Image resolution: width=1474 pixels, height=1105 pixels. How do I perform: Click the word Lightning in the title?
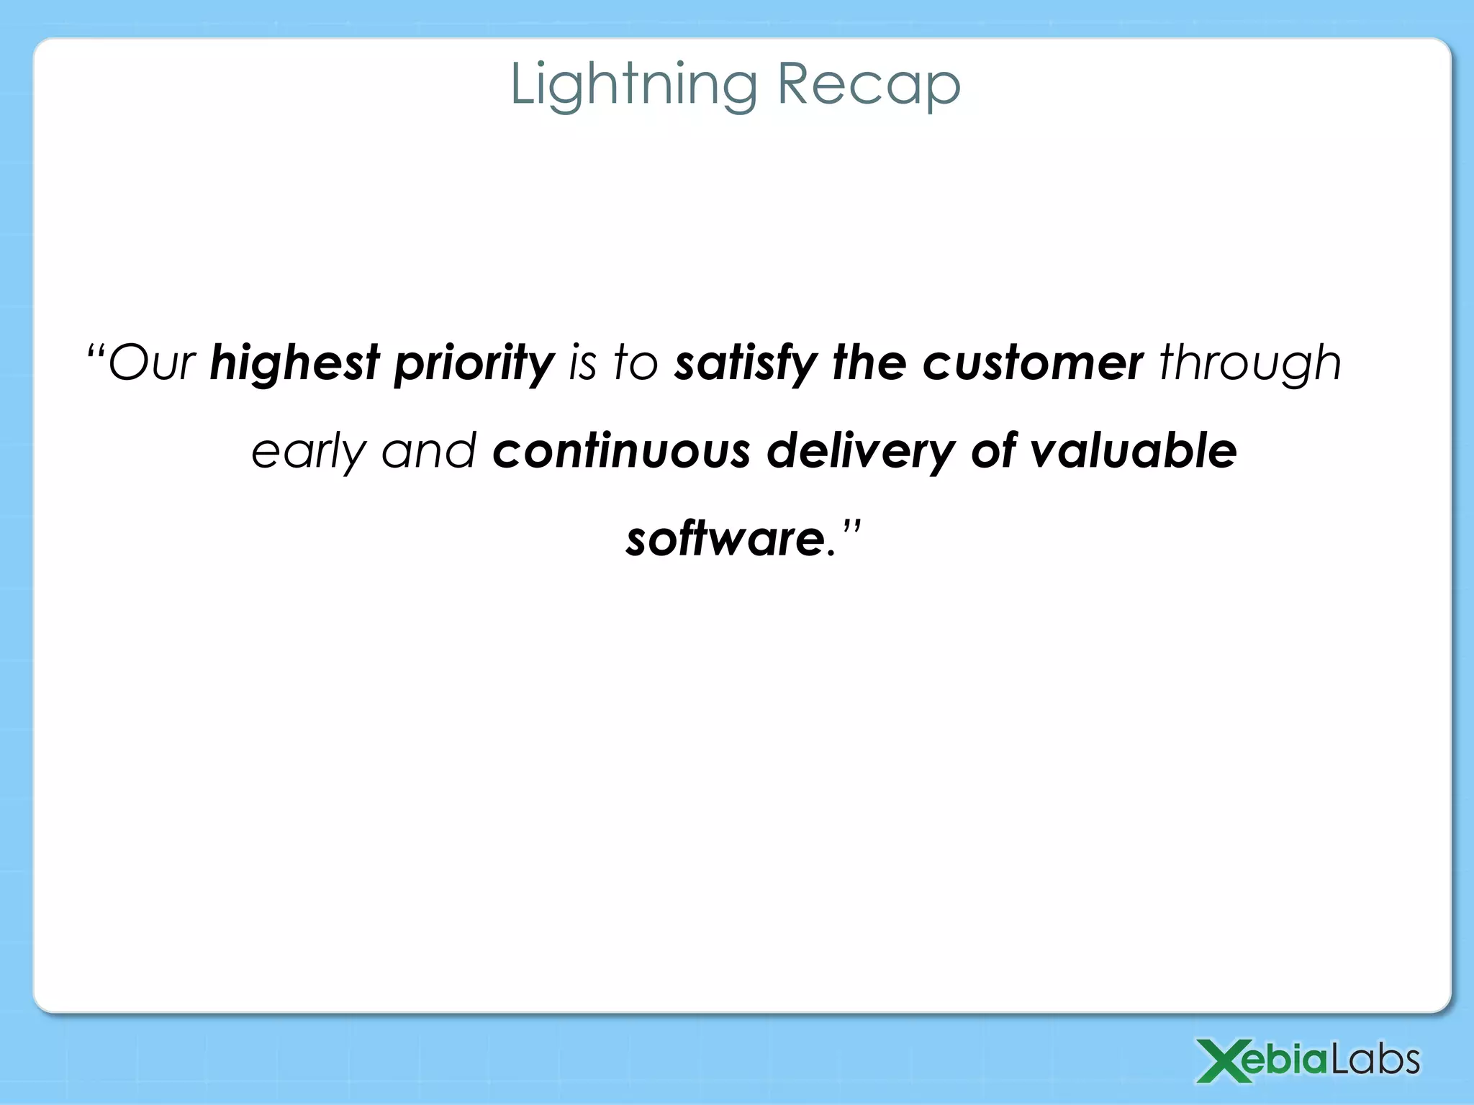tap(633, 85)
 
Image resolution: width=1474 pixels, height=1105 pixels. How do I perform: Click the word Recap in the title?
tap(869, 85)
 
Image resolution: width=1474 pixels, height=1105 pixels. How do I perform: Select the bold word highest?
tap(294, 363)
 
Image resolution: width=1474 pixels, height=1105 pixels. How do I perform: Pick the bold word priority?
tap(474, 363)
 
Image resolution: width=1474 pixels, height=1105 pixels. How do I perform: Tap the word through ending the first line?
tap(1250, 363)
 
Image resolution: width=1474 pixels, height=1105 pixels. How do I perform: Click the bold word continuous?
tap(621, 450)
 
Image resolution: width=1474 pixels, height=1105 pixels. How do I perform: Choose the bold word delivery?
tap(860, 452)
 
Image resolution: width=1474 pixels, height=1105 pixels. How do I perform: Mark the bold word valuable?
tap(1133, 450)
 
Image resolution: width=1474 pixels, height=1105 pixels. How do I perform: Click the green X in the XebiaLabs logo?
tap(1223, 1060)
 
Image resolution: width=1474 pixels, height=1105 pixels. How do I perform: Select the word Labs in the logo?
tap(1375, 1060)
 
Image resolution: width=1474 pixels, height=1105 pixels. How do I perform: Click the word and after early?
tap(428, 450)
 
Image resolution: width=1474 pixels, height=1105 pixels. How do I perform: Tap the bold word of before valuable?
tap(993, 450)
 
